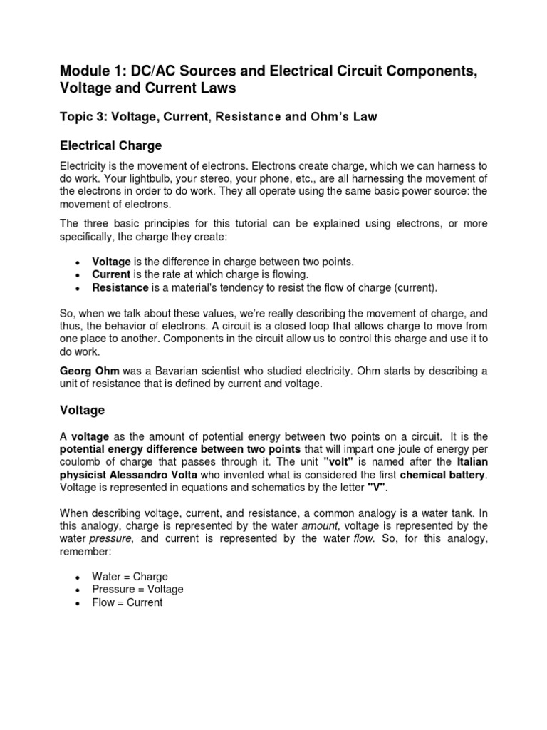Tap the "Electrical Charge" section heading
[x=110, y=145]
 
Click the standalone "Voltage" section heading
[x=82, y=410]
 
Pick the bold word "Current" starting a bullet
[x=112, y=274]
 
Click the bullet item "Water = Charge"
[x=130, y=576]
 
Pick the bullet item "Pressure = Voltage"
[x=137, y=589]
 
